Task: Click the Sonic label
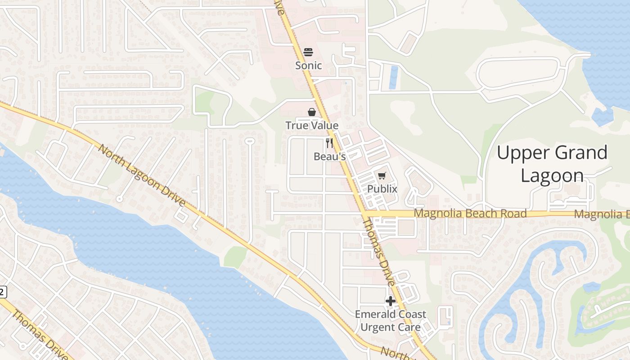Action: pos(308,66)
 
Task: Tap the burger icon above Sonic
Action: pos(308,52)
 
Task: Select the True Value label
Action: pos(312,126)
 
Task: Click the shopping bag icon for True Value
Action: pos(311,112)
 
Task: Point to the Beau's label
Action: pos(329,157)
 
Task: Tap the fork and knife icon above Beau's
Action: pos(329,143)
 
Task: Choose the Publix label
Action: pos(382,189)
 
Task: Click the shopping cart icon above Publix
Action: pos(382,175)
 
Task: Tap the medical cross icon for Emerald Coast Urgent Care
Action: pos(390,301)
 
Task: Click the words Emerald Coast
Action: pos(390,314)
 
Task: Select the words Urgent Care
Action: pos(390,327)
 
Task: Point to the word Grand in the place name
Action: pos(581,153)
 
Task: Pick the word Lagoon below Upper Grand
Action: pos(552,175)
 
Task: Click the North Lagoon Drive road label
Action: pos(141,176)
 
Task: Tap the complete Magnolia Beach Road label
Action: pos(470,213)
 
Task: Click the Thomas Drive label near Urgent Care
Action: pos(379,252)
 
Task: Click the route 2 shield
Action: pos(2,292)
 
